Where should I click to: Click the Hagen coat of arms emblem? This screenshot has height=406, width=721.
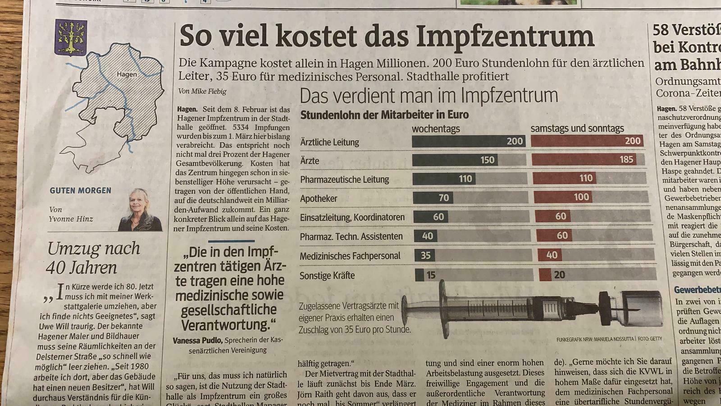click(71, 37)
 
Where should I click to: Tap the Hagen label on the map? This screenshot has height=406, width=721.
click(127, 74)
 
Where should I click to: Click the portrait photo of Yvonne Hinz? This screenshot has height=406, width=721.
click(141, 210)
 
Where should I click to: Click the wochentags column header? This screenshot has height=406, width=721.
click(436, 129)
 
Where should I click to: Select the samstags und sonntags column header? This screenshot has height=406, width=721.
click(577, 129)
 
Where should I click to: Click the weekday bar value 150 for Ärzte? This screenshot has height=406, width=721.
click(487, 160)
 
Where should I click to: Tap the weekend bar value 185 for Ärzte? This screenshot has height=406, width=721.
click(626, 159)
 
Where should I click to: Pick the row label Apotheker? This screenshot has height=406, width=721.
click(319, 198)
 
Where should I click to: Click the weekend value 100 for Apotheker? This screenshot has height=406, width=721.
click(581, 197)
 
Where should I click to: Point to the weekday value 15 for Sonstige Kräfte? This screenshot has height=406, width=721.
click(431, 275)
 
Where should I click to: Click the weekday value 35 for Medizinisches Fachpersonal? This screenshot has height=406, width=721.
click(426, 256)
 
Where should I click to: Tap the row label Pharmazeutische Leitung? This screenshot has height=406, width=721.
click(344, 180)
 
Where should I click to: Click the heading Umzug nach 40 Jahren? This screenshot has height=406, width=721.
click(93, 258)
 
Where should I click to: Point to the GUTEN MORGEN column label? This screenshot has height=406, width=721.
click(80, 191)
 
